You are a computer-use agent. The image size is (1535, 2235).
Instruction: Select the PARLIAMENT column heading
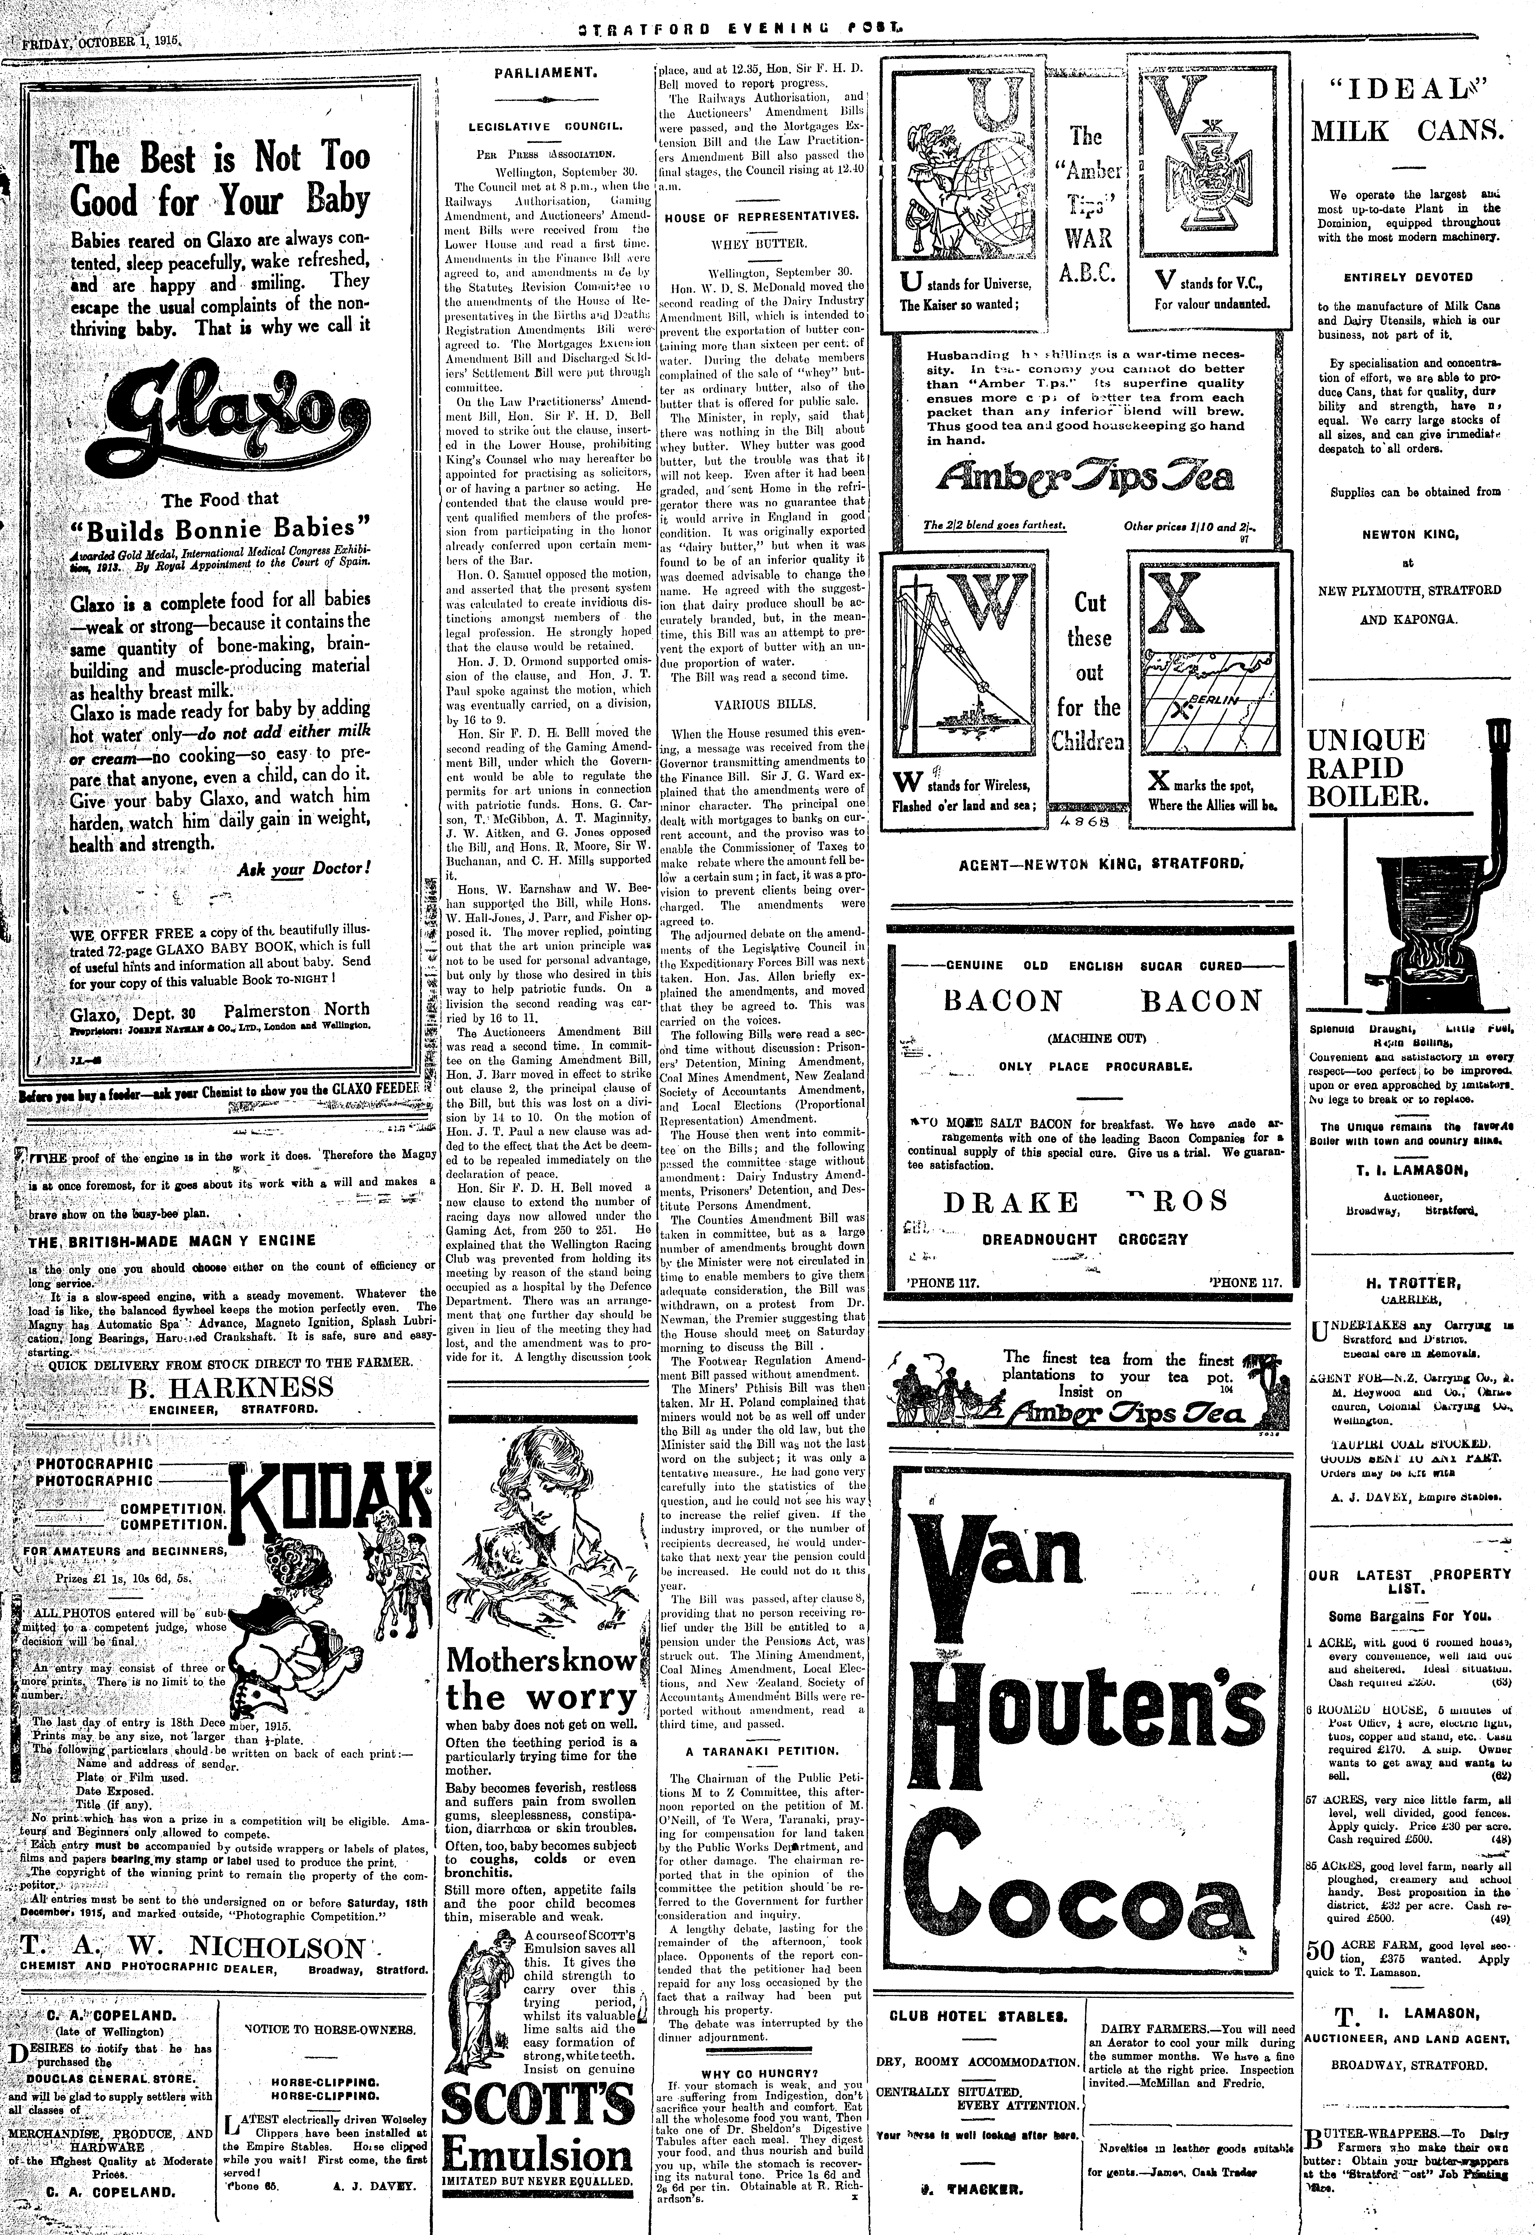pyautogui.click(x=546, y=72)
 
